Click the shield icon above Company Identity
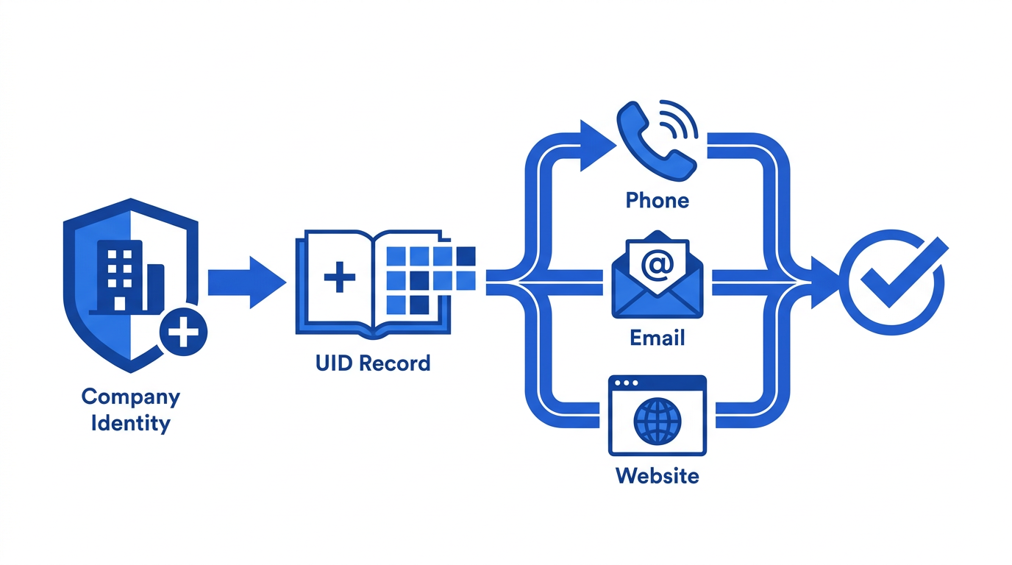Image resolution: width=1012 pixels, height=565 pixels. click(131, 285)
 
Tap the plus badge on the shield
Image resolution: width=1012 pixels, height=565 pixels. click(183, 332)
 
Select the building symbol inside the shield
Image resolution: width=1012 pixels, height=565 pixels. click(127, 277)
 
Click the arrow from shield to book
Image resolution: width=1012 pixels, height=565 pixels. click(247, 282)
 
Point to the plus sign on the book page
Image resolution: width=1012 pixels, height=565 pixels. click(340, 277)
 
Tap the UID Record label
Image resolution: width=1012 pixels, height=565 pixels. click(373, 363)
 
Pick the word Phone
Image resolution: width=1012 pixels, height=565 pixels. click(658, 200)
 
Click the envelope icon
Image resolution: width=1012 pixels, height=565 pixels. click(658, 275)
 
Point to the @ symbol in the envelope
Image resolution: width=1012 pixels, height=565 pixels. click(658, 265)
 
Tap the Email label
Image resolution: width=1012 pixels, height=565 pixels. click(658, 338)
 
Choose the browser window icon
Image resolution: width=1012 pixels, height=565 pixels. click(658, 416)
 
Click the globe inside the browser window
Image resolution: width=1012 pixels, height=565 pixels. click(658, 422)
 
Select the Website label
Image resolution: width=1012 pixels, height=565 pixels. click(658, 476)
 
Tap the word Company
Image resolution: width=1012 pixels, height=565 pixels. click(131, 397)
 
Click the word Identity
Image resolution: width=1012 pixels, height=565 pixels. click(131, 424)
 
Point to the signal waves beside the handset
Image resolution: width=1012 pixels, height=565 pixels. click(680, 118)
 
